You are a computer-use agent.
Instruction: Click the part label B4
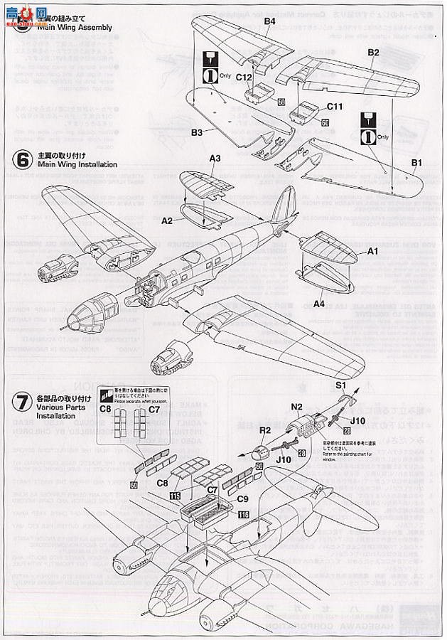pos(269,22)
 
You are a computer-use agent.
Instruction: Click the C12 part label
pos(244,76)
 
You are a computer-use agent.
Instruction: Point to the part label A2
pos(168,220)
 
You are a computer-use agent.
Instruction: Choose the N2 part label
pos(296,407)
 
